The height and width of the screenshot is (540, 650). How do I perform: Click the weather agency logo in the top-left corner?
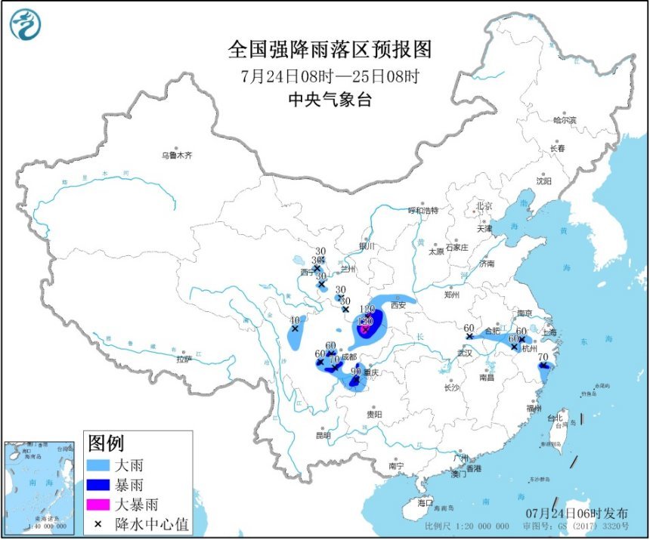[25, 25]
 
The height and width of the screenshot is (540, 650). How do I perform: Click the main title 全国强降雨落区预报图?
[330, 50]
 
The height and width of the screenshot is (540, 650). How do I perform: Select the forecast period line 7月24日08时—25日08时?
[330, 76]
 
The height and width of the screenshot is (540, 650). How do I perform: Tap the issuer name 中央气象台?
[330, 99]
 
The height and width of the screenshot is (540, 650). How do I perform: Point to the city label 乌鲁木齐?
[176, 156]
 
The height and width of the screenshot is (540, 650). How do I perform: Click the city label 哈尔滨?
[564, 120]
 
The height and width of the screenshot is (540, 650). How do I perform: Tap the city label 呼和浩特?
[423, 210]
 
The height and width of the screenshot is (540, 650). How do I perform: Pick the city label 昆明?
[323, 435]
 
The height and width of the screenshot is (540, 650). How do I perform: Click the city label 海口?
[426, 502]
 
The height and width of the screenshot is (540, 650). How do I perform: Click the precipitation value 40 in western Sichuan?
[295, 319]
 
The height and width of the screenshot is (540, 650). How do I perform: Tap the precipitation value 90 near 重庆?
[355, 371]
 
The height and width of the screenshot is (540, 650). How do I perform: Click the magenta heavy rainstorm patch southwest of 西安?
[364, 329]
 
